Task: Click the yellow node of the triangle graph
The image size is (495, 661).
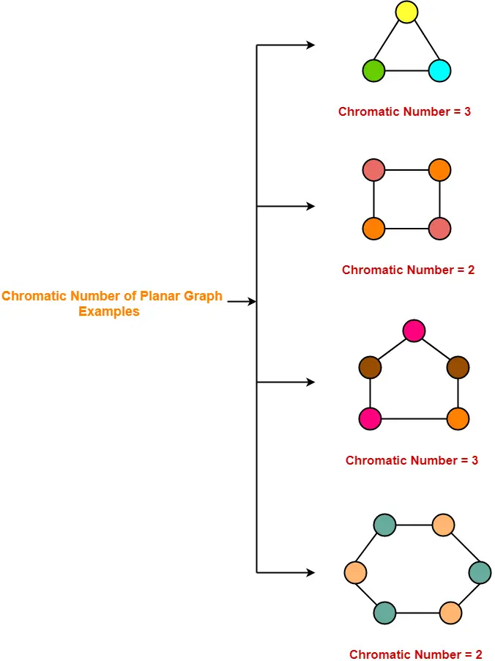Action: click(406, 12)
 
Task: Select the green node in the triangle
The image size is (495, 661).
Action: click(373, 71)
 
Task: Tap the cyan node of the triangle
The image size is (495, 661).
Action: click(439, 71)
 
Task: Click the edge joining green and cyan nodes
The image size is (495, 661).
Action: click(406, 71)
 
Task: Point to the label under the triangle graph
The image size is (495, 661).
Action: click(404, 112)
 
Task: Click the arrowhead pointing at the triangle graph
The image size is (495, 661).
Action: click(311, 45)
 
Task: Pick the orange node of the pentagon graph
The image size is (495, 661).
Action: click(458, 419)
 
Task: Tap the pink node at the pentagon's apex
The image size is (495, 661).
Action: click(414, 330)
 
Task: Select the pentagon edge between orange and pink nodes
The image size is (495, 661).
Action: click(414, 419)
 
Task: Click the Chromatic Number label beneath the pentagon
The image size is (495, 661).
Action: click(412, 461)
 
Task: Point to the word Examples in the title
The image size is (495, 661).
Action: click(109, 311)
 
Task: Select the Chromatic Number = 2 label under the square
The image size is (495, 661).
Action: click(408, 270)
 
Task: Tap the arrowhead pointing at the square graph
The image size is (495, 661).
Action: click(311, 207)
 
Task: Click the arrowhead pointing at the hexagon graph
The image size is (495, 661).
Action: click(311, 572)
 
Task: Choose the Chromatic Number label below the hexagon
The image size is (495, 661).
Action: click(415, 654)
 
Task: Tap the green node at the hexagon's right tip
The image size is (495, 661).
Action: click(480, 572)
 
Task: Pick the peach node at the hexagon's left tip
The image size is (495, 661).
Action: click(355, 572)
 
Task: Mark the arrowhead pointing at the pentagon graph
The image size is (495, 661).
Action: click(311, 383)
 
